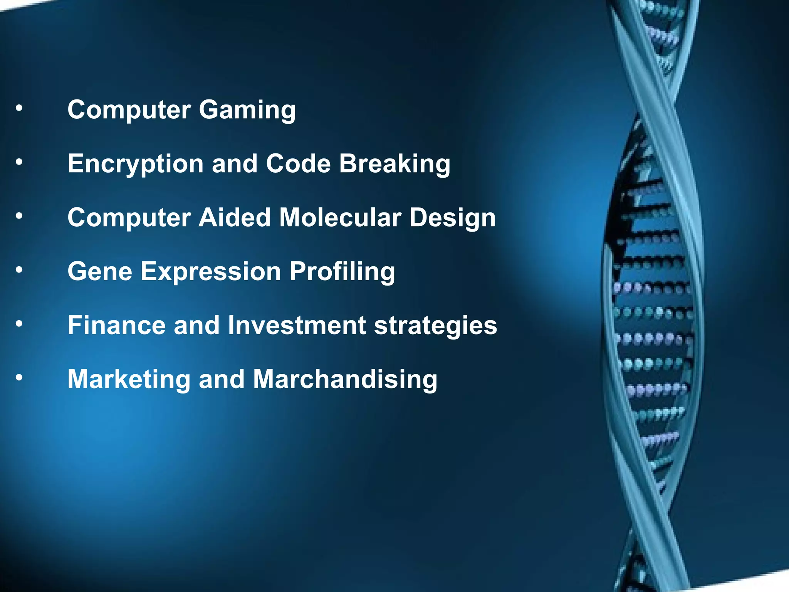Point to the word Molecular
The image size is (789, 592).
coord(340,218)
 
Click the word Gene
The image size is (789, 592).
coord(100,271)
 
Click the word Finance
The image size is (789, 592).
coord(116,325)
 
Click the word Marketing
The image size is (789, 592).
coord(129,380)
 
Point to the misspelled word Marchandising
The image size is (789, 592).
coord(345,380)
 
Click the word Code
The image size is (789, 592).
coord(298,163)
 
